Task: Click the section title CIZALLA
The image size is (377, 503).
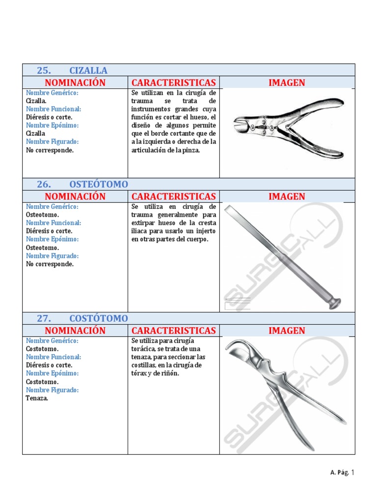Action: [88, 70]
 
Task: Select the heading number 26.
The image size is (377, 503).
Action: [44, 184]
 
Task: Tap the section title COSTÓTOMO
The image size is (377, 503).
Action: [98, 318]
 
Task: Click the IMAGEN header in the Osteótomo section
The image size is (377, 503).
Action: [287, 196]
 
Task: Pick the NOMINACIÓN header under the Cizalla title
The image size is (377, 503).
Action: [75, 83]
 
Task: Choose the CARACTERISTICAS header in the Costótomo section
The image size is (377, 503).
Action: [173, 331]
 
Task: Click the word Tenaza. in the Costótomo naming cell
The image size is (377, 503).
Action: [37, 398]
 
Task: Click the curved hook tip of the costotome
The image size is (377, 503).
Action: [230, 346]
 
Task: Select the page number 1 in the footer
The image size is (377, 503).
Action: [352, 473]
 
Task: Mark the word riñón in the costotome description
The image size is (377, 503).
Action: [170, 373]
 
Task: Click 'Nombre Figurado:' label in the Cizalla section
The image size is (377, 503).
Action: [53, 141]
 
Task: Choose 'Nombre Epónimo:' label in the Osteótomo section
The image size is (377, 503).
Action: [52, 239]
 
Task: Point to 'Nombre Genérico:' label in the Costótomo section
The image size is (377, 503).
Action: [53, 340]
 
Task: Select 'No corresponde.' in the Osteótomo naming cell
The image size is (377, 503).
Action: [50, 264]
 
